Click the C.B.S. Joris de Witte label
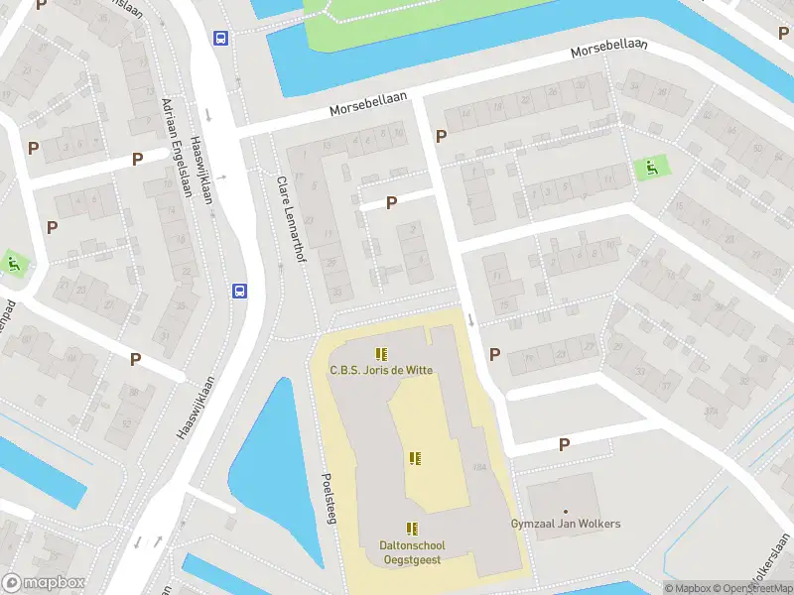tap(380, 372)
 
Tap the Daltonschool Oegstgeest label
tap(412, 551)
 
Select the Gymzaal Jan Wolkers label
tap(566, 523)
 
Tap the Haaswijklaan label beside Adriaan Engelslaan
tap(202, 171)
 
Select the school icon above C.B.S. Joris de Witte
tap(381, 354)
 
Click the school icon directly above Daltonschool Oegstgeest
tap(412, 529)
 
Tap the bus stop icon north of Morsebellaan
tap(220, 39)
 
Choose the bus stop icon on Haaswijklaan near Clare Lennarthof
tap(239, 291)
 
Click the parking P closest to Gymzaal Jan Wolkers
tap(564, 445)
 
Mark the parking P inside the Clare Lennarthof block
tap(391, 202)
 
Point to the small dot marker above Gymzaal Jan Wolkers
tap(566, 511)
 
